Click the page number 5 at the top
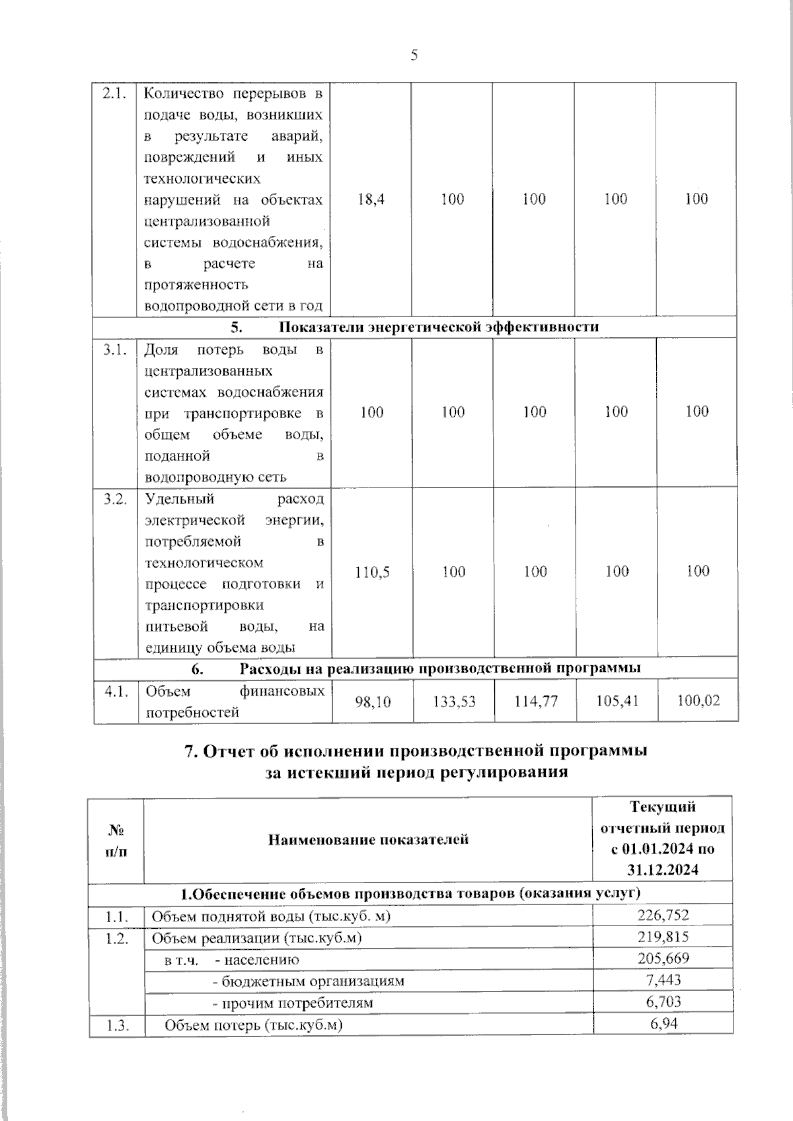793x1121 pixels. tap(414, 55)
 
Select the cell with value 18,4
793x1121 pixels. tap(371, 199)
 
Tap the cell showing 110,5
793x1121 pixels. tap(372, 572)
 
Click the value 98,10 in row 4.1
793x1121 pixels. tap(373, 702)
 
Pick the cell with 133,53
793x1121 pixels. tap(454, 702)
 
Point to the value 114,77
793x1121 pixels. tap(536, 702)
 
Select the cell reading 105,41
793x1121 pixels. tap(617, 701)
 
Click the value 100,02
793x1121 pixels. tap(699, 700)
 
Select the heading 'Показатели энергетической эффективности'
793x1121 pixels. tap(439, 327)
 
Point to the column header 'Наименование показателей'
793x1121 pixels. tap(368, 840)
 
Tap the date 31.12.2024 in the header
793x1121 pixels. tap(663, 869)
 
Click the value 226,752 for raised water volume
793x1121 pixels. tap(663, 915)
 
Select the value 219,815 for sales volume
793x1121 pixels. tap(663, 937)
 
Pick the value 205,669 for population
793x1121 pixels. tap(663, 958)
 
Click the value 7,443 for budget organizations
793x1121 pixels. tap(663, 980)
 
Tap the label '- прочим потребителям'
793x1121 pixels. tap(292, 1003)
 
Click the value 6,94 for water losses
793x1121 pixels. tap(663, 1024)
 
